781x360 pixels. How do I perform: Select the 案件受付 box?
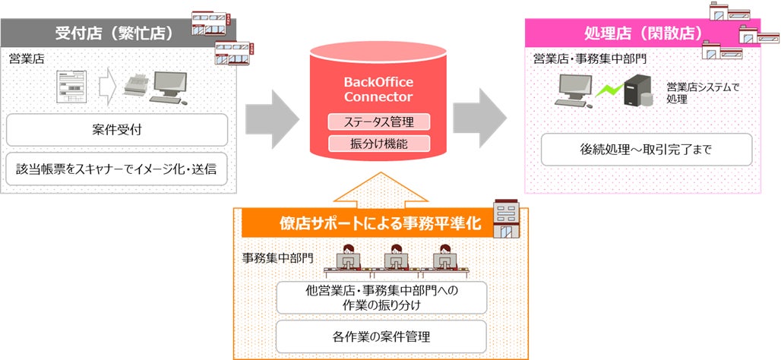(116, 130)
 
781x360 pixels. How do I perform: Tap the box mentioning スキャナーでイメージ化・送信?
(116, 169)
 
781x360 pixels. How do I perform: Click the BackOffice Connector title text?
(378, 90)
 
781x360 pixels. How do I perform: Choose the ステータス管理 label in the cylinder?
(379, 122)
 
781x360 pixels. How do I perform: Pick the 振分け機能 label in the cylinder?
(379, 144)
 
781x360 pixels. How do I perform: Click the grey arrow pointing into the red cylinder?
(274, 118)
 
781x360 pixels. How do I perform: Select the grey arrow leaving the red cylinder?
(479, 118)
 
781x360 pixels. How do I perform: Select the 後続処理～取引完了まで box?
(646, 150)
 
